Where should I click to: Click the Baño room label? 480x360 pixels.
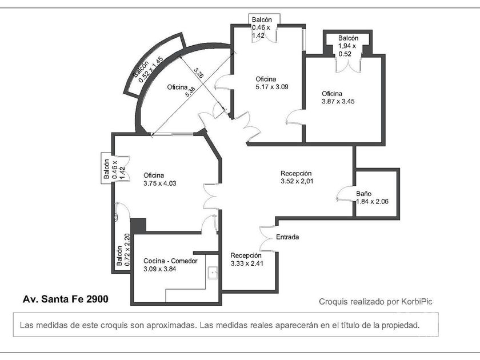[x=363, y=194]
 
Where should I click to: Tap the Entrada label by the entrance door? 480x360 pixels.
[x=287, y=237]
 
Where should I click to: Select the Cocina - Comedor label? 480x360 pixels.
[x=170, y=261]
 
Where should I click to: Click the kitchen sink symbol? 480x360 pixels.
[x=213, y=273]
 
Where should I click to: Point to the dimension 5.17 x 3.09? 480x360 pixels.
[x=272, y=87]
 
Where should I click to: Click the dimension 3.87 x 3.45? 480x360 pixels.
[x=338, y=101]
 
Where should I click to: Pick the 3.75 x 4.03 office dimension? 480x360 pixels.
[x=160, y=183]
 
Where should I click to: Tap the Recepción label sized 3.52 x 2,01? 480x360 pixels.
[x=296, y=173]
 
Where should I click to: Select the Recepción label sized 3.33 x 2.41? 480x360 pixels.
[x=246, y=255]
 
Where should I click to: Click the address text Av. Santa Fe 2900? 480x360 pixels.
[x=66, y=299]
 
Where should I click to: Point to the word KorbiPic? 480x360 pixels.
[x=417, y=302]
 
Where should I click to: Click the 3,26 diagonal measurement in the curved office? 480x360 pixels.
[x=199, y=73]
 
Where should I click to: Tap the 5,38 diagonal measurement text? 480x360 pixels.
[x=190, y=91]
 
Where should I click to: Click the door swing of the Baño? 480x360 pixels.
[x=344, y=194]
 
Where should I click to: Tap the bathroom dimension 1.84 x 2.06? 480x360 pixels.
[x=372, y=201]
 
